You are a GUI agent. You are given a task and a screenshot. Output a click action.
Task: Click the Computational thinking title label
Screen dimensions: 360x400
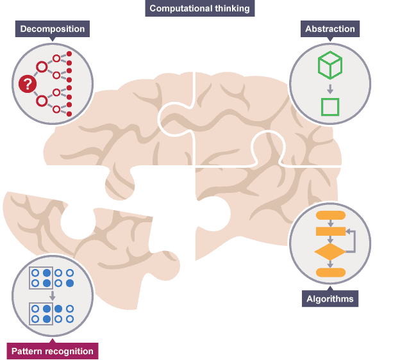200,8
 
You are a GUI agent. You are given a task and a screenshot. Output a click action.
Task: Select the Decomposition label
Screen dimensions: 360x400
52,29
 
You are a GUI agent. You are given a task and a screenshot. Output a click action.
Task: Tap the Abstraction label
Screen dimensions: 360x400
329,29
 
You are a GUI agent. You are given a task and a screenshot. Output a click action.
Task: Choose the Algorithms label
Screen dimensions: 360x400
329,299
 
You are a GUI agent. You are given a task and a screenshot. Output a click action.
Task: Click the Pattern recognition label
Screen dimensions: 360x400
52,351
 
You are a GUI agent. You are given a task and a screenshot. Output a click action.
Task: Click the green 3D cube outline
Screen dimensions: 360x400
330,65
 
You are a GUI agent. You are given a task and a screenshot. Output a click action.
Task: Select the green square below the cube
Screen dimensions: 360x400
330,106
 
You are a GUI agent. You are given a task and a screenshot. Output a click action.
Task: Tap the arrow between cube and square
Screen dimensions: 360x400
330,87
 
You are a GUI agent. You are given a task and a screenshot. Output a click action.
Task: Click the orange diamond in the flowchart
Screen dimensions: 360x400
330,252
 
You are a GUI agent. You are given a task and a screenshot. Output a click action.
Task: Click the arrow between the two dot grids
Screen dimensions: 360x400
52,295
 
